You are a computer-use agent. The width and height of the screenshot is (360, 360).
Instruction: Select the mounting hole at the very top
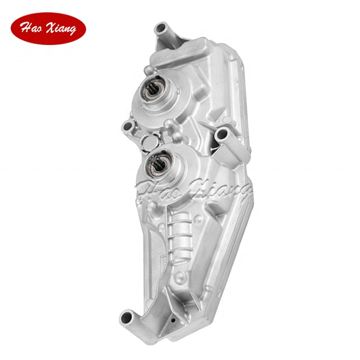coord(162,26)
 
